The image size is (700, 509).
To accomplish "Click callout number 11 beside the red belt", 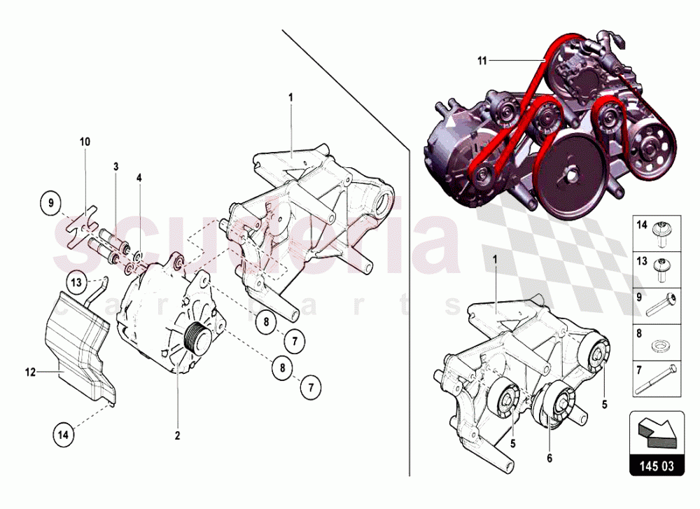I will [x=482, y=61].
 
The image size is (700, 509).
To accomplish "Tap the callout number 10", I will [x=85, y=141].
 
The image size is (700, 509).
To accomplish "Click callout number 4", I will [x=139, y=178].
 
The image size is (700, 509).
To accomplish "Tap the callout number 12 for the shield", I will [x=31, y=372].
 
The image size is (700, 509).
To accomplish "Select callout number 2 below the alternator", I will [x=178, y=435].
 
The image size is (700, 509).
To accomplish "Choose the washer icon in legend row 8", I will [x=659, y=345].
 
